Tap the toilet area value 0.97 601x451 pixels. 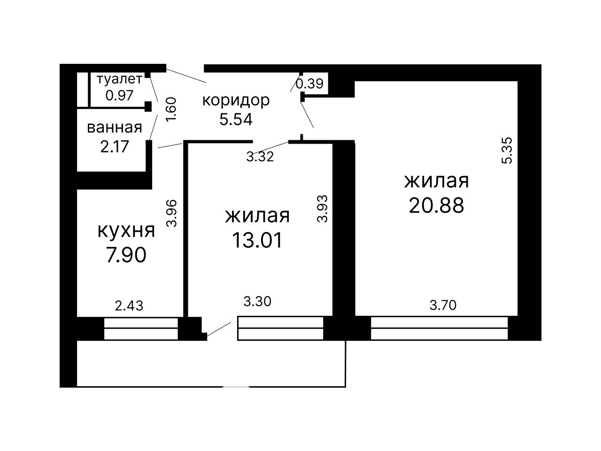[119, 95]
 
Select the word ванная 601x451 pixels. [115, 128]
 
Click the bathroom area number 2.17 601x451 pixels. [115, 146]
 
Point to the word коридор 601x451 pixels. [236, 101]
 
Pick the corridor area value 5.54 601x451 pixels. [236, 119]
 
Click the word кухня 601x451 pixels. [126, 231]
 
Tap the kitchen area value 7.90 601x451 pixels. [126, 255]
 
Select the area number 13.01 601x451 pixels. [257, 240]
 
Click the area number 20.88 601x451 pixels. [437, 205]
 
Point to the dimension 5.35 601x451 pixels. [507, 151]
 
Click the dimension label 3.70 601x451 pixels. [443, 305]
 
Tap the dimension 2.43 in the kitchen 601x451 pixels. [129, 306]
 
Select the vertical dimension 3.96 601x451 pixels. [172, 214]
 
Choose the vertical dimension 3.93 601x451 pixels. [322, 208]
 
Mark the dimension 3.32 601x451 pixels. [260, 157]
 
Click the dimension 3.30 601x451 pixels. [257, 301]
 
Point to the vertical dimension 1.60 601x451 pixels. [171, 109]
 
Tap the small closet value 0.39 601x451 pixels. [310, 84]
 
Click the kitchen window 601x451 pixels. [141, 329]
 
